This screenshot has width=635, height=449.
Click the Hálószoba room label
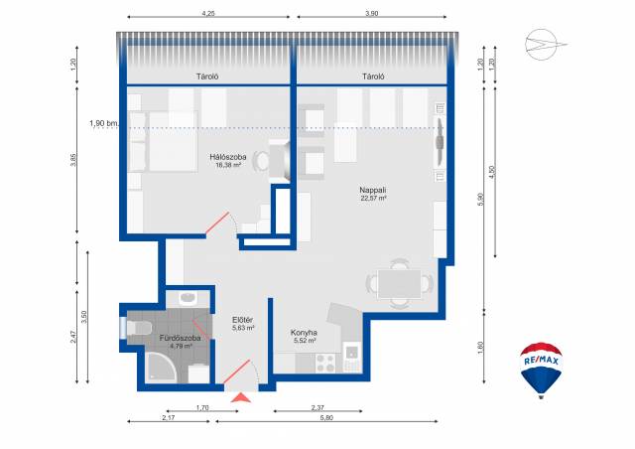[x=227, y=157]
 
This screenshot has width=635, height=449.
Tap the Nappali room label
[x=373, y=190]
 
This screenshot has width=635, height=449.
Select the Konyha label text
[x=304, y=333]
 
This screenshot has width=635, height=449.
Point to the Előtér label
[x=242, y=320]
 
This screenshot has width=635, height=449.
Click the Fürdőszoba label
[x=181, y=338]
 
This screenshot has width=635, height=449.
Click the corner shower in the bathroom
[x=161, y=367]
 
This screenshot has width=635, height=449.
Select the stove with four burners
[x=326, y=363]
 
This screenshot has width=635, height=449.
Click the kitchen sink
[x=352, y=352]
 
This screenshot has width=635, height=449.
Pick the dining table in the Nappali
[x=399, y=283]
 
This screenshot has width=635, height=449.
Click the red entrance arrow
[x=241, y=398]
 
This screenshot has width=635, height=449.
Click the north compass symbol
[x=545, y=45]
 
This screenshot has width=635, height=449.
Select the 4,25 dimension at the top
[x=208, y=13]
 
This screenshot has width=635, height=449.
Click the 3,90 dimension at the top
[x=371, y=13]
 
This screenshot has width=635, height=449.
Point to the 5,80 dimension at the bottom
[x=326, y=418]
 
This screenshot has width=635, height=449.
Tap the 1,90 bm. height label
[x=102, y=123]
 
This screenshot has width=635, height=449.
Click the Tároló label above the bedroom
[x=207, y=76]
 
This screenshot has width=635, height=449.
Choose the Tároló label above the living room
[x=373, y=76]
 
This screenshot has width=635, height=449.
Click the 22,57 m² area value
[x=373, y=199]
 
